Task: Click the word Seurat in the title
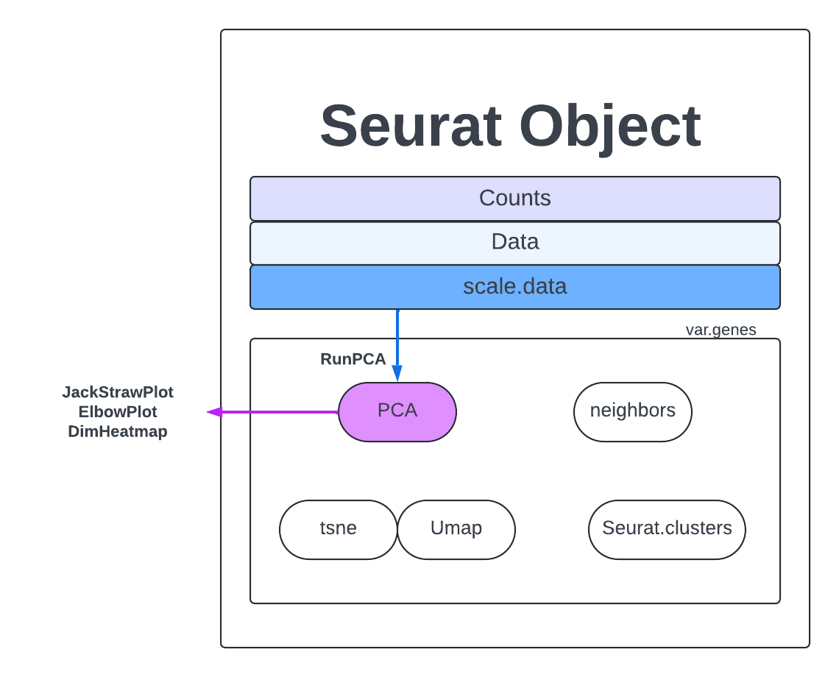point(411,127)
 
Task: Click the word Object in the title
point(610,127)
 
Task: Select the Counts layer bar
point(514,198)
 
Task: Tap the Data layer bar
point(514,242)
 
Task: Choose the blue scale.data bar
point(514,286)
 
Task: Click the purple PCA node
point(397,411)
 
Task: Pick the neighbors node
point(632,411)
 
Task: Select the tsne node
point(338,529)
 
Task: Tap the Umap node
point(456,529)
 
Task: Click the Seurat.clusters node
point(667,529)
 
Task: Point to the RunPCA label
point(353,359)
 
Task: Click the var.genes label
point(721,330)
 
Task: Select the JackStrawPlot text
point(118,392)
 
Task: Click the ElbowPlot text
point(118,412)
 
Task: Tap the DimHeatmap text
point(118,432)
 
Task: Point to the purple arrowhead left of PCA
point(214,412)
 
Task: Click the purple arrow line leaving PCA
point(280,412)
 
